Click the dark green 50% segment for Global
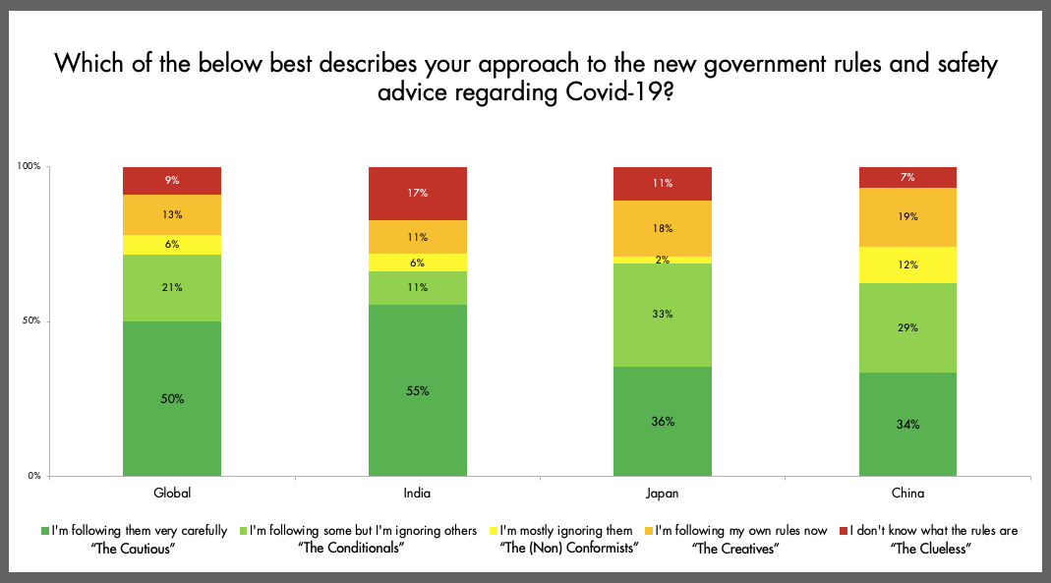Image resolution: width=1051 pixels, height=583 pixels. click(171, 398)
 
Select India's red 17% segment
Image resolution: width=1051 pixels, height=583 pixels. click(417, 194)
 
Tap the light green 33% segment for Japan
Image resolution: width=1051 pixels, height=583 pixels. click(662, 315)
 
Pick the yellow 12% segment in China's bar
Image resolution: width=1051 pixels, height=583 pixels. click(907, 264)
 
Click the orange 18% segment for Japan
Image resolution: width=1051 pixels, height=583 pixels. click(662, 228)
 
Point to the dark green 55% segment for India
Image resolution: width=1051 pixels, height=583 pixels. click(417, 390)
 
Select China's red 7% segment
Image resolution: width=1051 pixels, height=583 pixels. click(907, 178)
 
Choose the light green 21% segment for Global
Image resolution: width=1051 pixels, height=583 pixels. click(171, 288)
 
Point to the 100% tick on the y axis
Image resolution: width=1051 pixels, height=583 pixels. click(29, 167)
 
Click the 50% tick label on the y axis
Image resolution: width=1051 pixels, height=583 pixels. click(30, 321)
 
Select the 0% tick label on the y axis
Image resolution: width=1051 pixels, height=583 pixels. click(33, 476)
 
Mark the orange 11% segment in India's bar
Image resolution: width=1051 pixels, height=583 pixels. click(417, 237)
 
